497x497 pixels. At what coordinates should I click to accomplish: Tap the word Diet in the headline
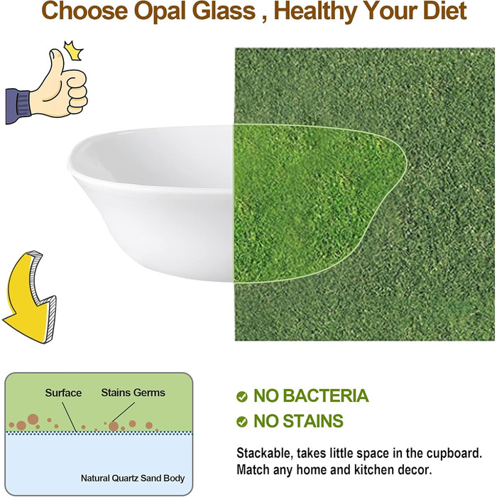(x=444, y=11)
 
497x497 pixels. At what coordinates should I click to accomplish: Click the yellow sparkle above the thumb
(x=74, y=50)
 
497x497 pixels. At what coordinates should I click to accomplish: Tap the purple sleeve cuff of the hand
(x=18, y=106)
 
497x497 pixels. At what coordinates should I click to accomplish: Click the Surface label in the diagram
(x=63, y=393)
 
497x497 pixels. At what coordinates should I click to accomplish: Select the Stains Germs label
(x=133, y=393)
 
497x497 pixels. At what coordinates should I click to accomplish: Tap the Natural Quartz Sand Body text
(x=133, y=478)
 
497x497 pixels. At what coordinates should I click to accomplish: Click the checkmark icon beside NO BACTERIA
(x=242, y=396)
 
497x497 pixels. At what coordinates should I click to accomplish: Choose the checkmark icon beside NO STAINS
(x=242, y=422)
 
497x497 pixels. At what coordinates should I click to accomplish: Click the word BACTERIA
(x=325, y=395)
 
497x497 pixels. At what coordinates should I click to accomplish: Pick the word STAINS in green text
(x=313, y=421)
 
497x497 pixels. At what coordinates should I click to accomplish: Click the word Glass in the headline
(x=224, y=11)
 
